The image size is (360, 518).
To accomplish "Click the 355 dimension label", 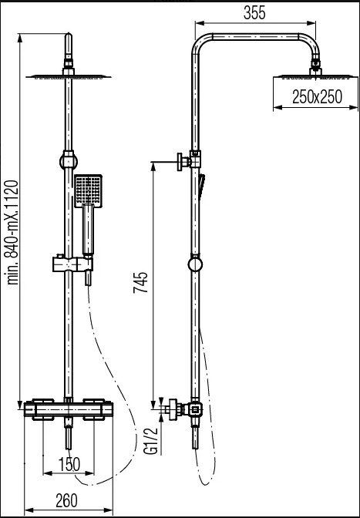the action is (254, 13).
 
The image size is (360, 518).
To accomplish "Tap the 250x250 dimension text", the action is (317, 97).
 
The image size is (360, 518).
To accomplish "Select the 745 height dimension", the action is (140, 282).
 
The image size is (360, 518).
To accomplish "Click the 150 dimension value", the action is (69, 465).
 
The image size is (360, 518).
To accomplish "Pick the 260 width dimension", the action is (66, 500).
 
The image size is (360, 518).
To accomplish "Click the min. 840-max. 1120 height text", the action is (13, 232).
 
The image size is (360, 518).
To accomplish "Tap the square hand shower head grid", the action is (88, 191).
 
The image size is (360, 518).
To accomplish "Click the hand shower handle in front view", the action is (88, 230).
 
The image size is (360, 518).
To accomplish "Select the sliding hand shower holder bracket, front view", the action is (72, 264).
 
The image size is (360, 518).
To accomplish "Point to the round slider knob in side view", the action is (195, 264).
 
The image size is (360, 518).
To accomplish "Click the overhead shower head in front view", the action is (69, 77).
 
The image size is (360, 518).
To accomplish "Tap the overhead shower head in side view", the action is (316, 76).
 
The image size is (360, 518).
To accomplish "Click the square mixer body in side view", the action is (195, 410).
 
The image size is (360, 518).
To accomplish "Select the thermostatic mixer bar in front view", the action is (69, 409).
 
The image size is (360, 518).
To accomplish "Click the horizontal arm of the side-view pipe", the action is (256, 37).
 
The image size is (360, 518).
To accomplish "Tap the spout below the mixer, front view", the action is (69, 436).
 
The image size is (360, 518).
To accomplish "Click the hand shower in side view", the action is (201, 187).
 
